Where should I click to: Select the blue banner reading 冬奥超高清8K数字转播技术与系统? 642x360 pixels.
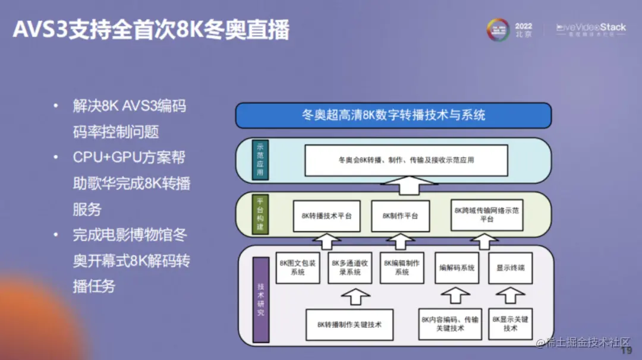click(393, 115)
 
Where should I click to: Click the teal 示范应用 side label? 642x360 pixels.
click(260, 160)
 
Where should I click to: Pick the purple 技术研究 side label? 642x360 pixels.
click(260, 299)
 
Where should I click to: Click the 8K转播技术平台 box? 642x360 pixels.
click(326, 216)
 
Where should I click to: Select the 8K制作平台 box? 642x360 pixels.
click(400, 216)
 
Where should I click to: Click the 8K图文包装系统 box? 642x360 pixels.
click(297, 267)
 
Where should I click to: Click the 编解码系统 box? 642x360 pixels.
click(457, 268)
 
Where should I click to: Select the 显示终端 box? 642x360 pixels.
click(511, 268)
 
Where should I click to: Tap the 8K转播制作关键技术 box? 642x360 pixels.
click(349, 324)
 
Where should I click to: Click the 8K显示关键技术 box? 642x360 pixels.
click(510, 324)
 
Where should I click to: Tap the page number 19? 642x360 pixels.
click(626, 350)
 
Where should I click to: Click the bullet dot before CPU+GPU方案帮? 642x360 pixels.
click(56, 157)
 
